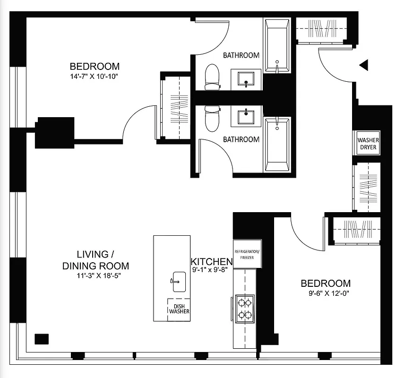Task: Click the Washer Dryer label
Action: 368,144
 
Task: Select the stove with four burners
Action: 244,308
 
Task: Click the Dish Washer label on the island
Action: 179,308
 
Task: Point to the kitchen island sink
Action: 178,282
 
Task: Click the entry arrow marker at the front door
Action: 363,65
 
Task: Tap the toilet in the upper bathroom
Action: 212,77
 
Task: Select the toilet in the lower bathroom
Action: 212,118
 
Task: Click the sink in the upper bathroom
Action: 246,79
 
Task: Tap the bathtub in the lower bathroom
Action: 277,145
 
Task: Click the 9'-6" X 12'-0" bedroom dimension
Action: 326,293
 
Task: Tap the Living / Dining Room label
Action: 96,259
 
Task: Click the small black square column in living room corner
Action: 42,339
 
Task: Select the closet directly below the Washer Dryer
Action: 367,187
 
